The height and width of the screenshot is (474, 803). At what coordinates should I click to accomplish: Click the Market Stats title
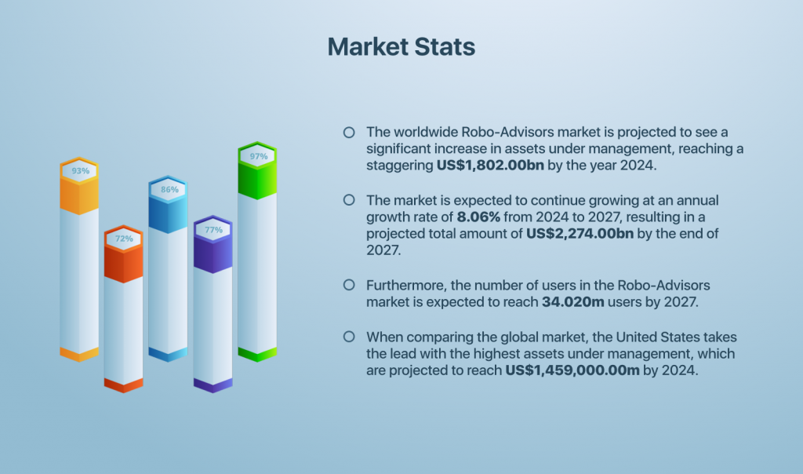click(x=401, y=46)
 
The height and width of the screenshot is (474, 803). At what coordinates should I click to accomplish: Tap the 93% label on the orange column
click(x=80, y=170)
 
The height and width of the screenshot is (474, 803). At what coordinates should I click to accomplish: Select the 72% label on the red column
click(x=124, y=238)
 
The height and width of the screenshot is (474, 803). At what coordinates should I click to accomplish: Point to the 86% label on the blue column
click(x=169, y=189)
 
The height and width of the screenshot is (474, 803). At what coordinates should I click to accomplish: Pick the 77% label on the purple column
click(x=213, y=230)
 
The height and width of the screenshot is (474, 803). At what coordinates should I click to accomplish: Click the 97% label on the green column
click(x=259, y=156)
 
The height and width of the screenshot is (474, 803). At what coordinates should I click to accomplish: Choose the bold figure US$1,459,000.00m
click(x=572, y=370)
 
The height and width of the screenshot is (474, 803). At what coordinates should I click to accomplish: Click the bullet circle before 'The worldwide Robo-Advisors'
click(x=349, y=132)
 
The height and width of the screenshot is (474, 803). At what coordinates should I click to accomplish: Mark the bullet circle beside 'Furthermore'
click(x=349, y=285)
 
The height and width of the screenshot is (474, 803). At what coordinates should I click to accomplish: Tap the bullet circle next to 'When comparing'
click(x=349, y=337)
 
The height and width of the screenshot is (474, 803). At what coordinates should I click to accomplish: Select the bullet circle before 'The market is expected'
click(x=349, y=200)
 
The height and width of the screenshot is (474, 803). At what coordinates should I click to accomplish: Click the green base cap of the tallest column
click(x=258, y=354)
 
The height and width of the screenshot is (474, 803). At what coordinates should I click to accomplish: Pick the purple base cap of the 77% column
click(x=213, y=385)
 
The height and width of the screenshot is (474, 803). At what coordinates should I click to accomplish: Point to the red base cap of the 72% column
click(x=124, y=385)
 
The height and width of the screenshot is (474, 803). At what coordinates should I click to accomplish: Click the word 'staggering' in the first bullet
click(x=399, y=166)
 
